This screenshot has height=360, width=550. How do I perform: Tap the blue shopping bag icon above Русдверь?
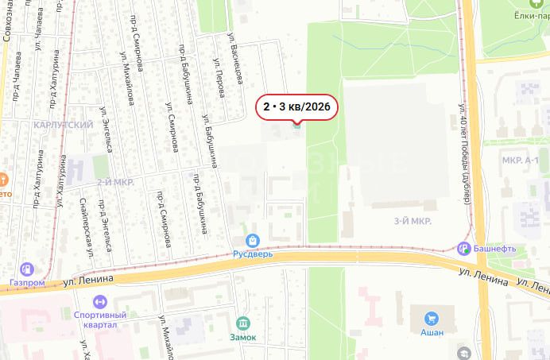tap(252, 239)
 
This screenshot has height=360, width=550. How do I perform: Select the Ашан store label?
tap(432, 333)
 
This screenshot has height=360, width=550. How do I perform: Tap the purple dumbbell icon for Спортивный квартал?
tap(99, 303)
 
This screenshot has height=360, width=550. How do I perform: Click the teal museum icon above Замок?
tap(243, 323)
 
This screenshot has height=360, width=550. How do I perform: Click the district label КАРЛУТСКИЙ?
tap(64, 125)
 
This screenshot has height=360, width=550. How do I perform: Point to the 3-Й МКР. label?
tap(412, 222)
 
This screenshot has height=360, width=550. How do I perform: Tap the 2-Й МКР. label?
tap(115, 182)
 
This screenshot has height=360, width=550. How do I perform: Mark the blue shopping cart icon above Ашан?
tap(432, 318)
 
